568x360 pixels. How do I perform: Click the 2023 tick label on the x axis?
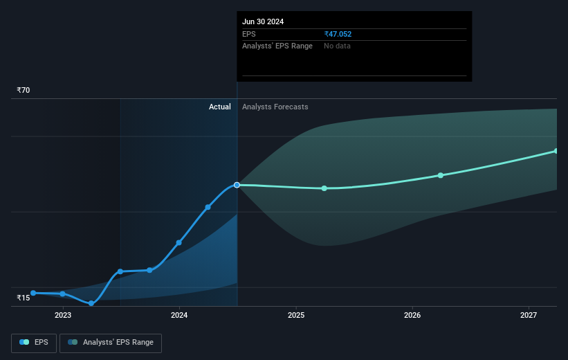pyautogui.click(x=63, y=315)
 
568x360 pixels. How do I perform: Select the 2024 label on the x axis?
pyautogui.click(x=179, y=315)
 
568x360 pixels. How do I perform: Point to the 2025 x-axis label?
pyautogui.click(x=296, y=315)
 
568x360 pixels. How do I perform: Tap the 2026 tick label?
pyautogui.click(x=412, y=315)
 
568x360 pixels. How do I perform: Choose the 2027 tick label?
pyautogui.click(x=529, y=315)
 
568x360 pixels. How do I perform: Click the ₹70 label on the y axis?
pyautogui.click(x=24, y=90)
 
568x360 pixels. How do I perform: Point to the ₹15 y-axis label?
pyautogui.click(x=24, y=298)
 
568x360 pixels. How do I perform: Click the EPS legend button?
pyautogui.click(x=34, y=343)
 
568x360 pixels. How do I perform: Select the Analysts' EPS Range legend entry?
pyautogui.click(x=111, y=343)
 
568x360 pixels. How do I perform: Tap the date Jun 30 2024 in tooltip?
pyautogui.click(x=263, y=21)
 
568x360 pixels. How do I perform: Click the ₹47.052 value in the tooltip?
pyautogui.click(x=338, y=34)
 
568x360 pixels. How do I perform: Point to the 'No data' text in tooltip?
pyautogui.click(x=337, y=46)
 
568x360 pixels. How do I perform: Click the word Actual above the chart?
pyautogui.click(x=220, y=107)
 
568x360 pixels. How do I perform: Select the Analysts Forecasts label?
pyautogui.click(x=275, y=107)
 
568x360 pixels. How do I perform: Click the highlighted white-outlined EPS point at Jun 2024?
pyautogui.click(x=237, y=185)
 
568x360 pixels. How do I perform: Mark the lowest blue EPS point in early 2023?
pyautogui.click(x=91, y=303)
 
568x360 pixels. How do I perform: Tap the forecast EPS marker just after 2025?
pyautogui.click(x=324, y=188)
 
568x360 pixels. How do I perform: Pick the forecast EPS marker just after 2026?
pyautogui.click(x=441, y=175)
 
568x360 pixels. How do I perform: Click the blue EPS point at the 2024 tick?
pyautogui.click(x=179, y=242)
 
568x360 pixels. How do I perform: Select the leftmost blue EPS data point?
pyautogui.click(x=33, y=293)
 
